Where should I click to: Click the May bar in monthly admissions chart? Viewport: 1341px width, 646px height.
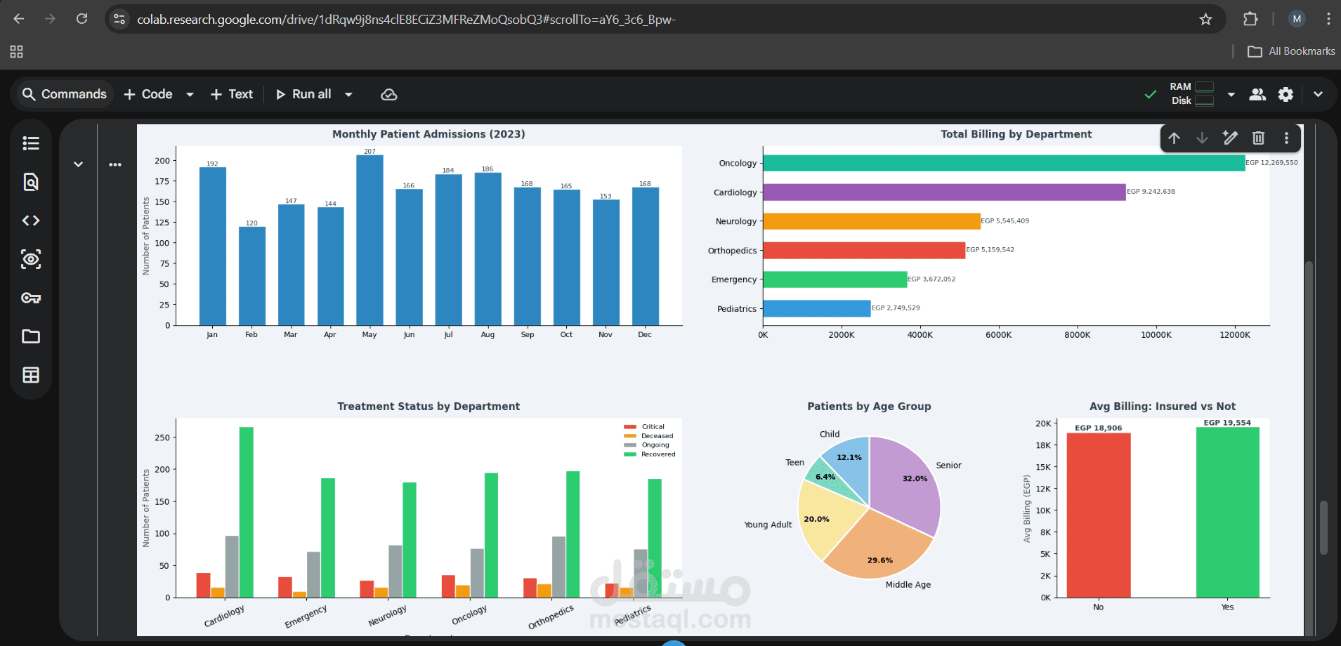[369, 239]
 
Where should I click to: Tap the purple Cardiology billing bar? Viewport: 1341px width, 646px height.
[943, 192]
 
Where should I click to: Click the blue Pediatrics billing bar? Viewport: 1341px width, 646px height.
[816, 309]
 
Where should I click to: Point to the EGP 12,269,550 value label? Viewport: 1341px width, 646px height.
[1271, 163]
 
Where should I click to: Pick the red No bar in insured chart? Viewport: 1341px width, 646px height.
[1098, 516]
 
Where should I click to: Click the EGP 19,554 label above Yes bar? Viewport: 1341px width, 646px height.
[1227, 423]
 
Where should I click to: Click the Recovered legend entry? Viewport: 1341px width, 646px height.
[658, 454]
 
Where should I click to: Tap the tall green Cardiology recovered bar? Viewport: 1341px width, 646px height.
[247, 513]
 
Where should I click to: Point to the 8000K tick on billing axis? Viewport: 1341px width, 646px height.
[1077, 335]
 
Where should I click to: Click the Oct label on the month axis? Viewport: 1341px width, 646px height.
[566, 335]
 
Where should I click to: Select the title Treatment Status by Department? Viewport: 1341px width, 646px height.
[429, 407]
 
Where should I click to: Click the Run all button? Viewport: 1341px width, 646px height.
[303, 94]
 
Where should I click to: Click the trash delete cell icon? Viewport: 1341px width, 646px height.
[1258, 138]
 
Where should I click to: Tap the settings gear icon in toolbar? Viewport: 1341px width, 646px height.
[1286, 94]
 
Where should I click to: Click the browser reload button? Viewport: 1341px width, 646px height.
[82, 19]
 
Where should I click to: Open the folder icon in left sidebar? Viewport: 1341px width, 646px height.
[31, 336]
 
